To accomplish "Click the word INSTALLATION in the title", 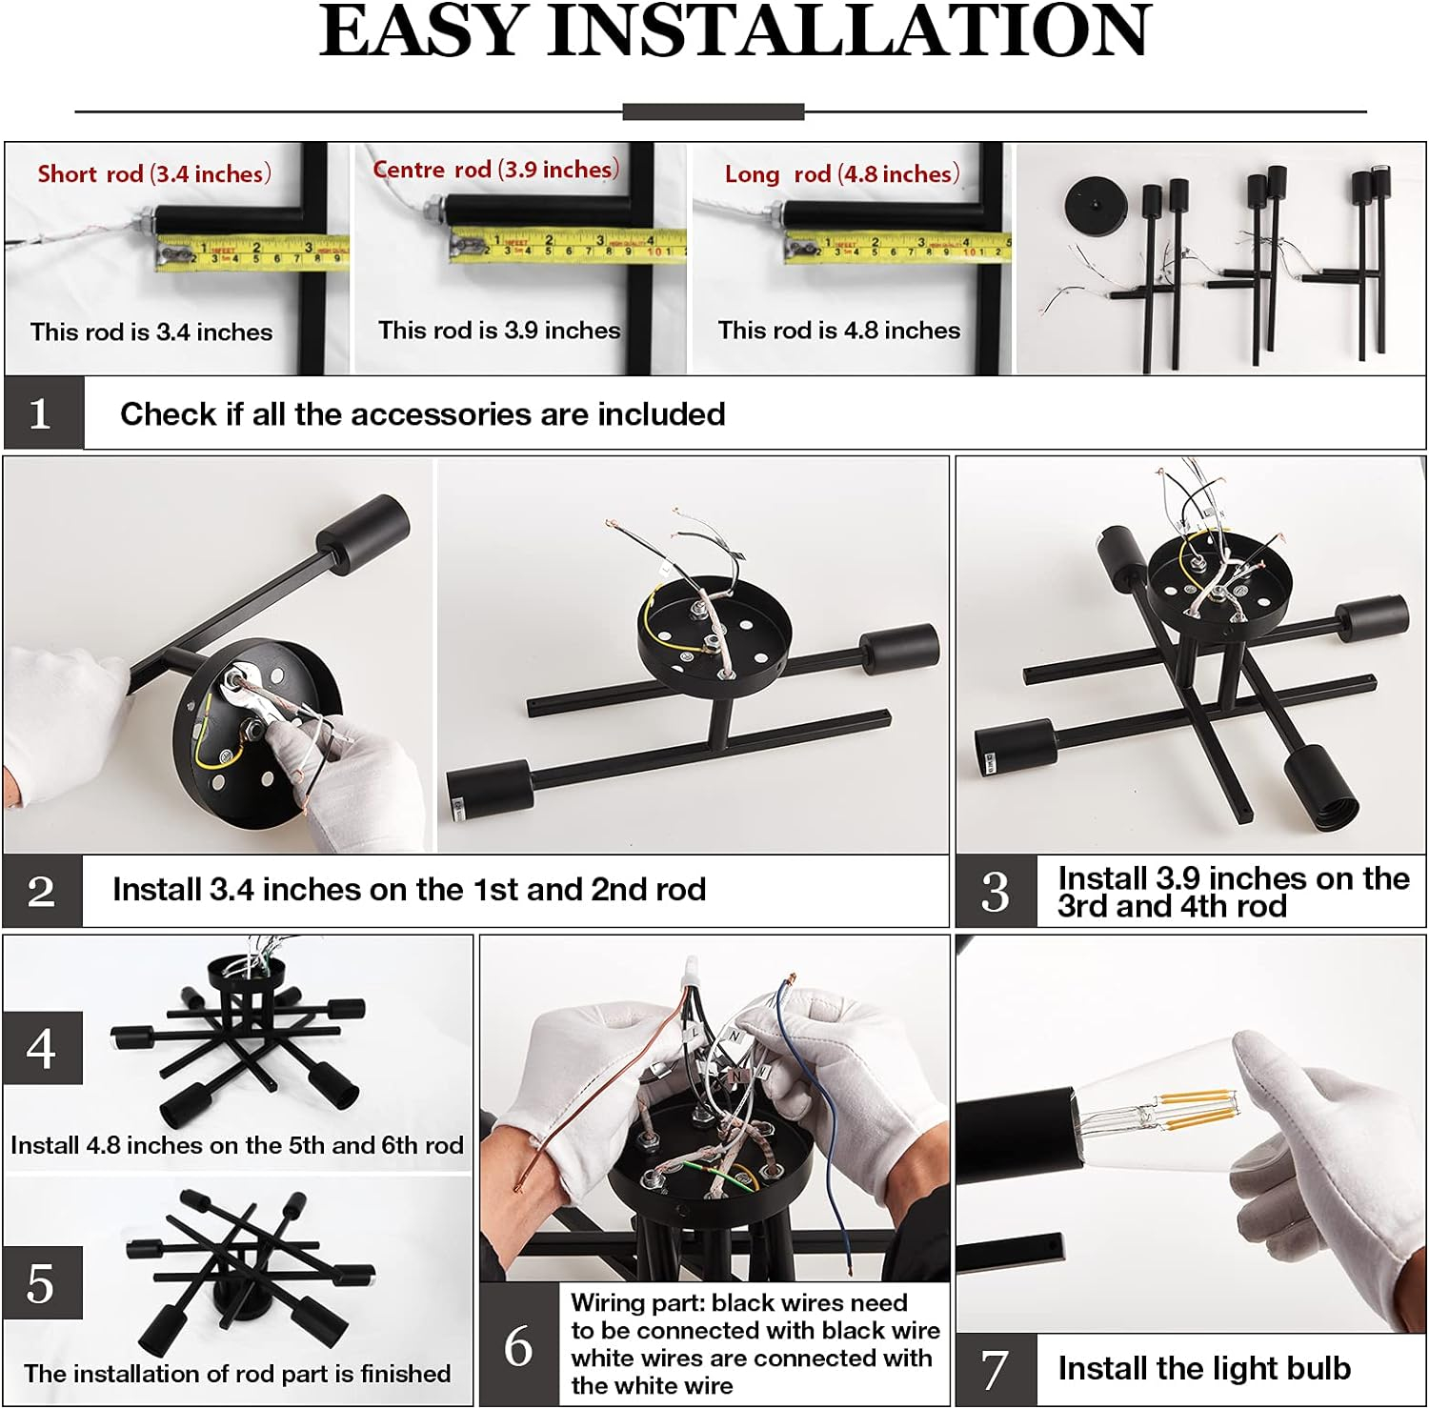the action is point(850,30).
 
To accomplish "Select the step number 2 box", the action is point(43,891).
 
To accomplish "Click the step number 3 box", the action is point(996,891).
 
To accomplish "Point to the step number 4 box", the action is point(42,1048).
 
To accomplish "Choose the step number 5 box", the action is point(42,1283).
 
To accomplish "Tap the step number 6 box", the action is point(519,1344).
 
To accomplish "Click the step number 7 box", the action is point(996,1369).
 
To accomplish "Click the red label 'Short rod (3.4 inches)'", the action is point(154,173).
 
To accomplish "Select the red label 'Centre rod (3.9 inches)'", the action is point(496,170).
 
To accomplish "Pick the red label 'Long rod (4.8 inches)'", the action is point(842,173).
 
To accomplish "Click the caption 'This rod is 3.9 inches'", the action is point(499,330).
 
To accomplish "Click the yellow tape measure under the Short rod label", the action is point(252,253).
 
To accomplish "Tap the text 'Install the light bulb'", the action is point(1204,1368).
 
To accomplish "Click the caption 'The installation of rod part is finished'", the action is point(237,1373).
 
